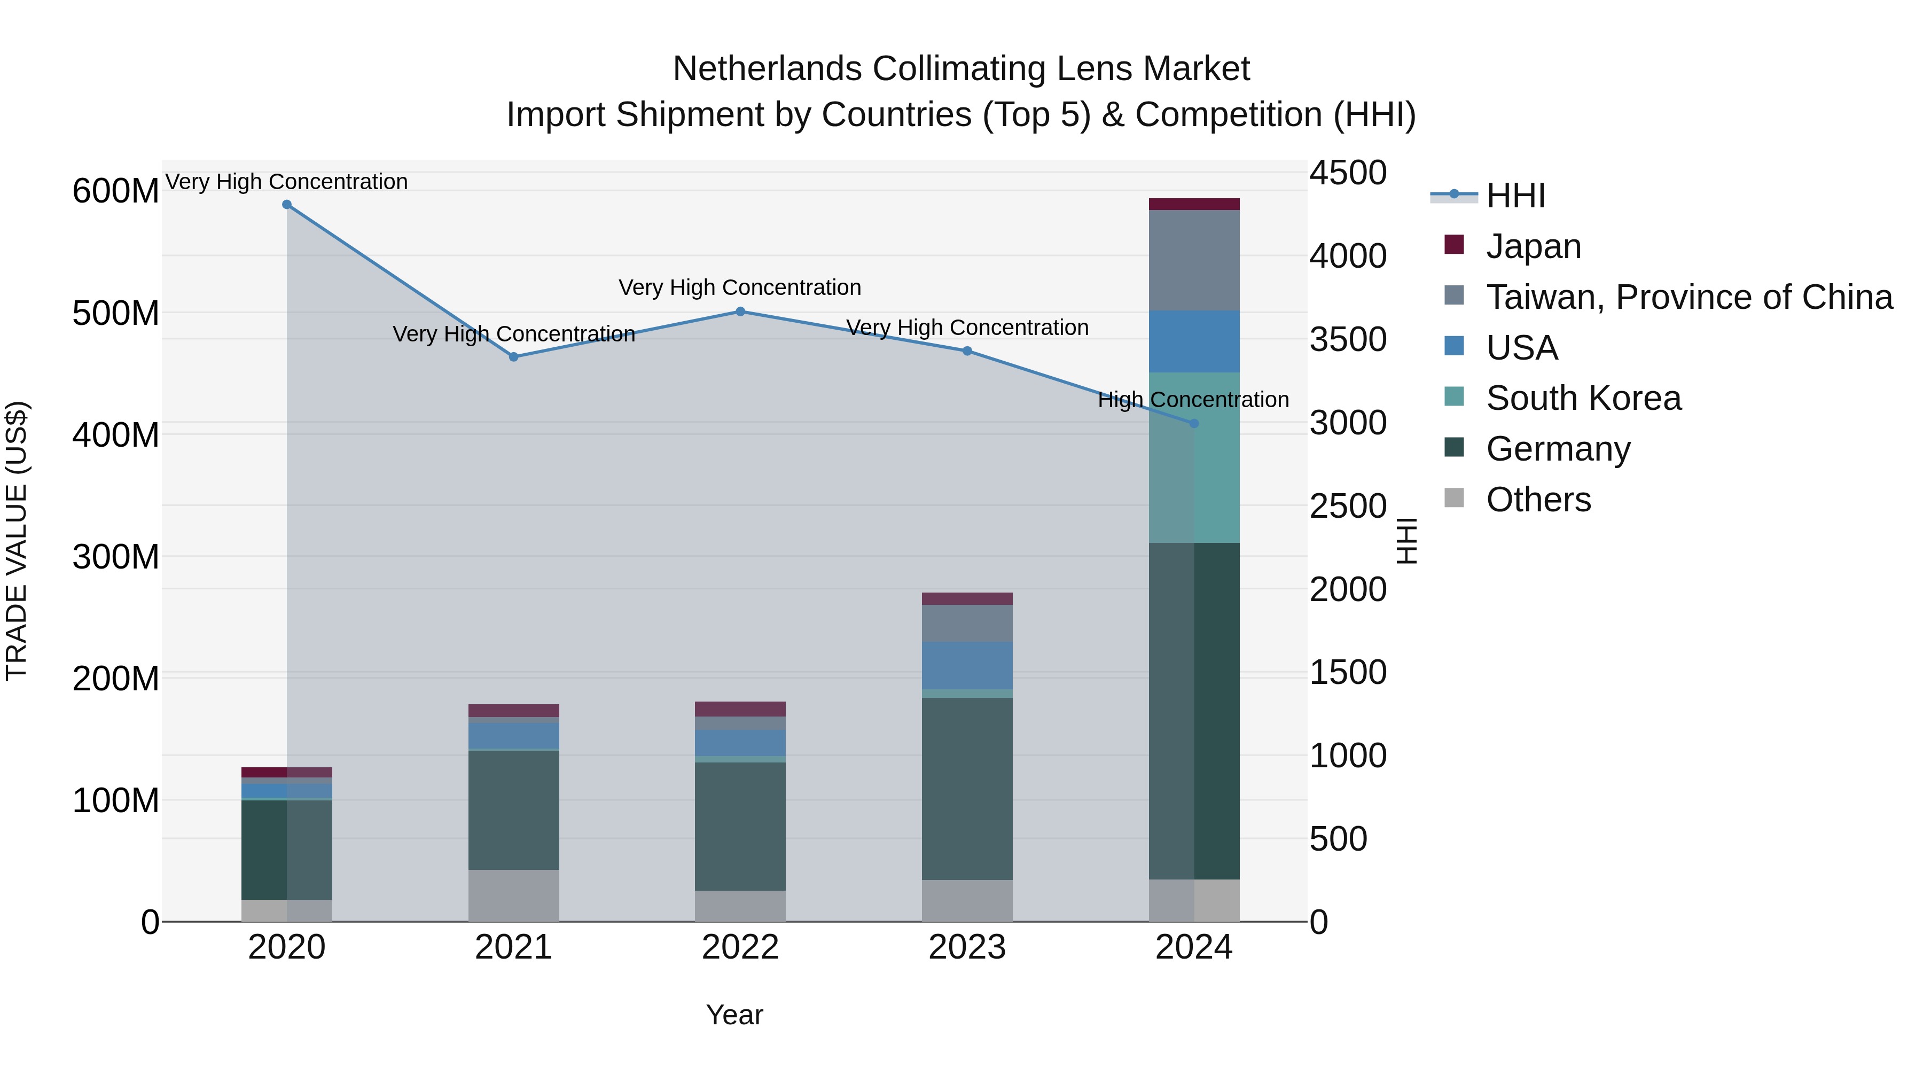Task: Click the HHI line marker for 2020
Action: coord(287,205)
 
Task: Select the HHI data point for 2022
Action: coord(740,312)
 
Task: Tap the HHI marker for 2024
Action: coord(1194,423)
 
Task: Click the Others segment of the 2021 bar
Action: coord(513,896)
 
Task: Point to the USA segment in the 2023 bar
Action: coord(967,665)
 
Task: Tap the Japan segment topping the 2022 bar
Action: coord(740,709)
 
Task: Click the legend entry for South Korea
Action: coord(1583,398)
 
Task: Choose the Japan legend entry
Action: coord(1533,246)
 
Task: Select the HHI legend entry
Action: coord(1515,196)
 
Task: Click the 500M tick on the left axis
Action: coord(116,313)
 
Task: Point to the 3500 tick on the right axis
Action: coord(1348,340)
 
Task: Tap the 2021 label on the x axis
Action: coord(513,947)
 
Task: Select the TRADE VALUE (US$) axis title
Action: coord(17,541)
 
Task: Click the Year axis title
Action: coord(734,1015)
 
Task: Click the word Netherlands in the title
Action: coord(768,69)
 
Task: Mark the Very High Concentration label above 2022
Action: coord(740,287)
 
